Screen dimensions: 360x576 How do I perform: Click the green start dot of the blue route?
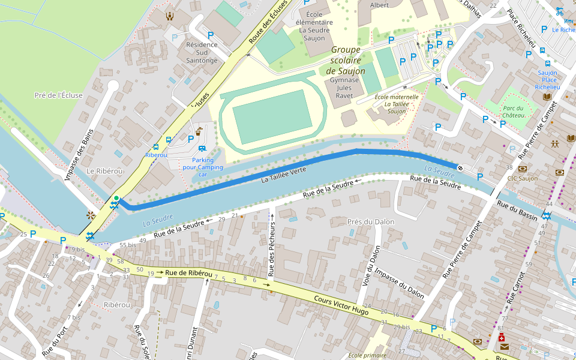(116, 198)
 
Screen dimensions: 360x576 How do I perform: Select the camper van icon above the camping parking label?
(202, 148)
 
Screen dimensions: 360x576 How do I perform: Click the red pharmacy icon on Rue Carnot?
(502, 338)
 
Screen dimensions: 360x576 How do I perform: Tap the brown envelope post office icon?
(504, 347)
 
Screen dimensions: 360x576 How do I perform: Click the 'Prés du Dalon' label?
(371, 221)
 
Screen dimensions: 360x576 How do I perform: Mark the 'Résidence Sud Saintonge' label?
(202, 52)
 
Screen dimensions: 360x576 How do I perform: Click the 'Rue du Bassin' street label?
(517, 209)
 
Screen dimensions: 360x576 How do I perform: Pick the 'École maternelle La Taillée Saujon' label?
(397, 104)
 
